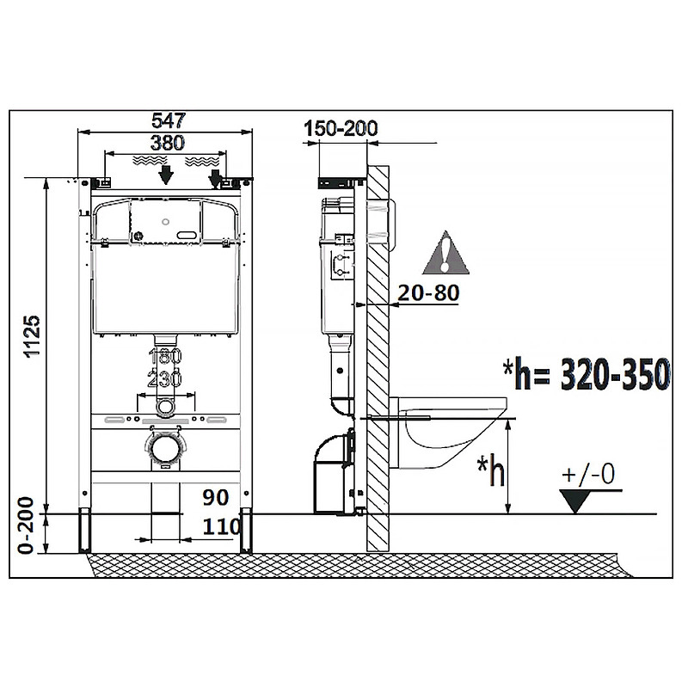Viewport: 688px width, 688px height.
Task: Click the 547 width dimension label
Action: (x=169, y=120)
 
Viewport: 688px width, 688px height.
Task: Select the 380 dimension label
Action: (x=168, y=143)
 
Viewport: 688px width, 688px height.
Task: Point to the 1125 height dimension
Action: (x=32, y=336)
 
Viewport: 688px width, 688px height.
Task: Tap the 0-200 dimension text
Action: (x=27, y=525)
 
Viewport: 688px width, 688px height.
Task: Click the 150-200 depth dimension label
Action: (x=341, y=128)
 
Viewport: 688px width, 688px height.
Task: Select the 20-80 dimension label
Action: (x=428, y=292)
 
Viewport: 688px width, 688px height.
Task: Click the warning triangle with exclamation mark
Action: (x=445, y=253)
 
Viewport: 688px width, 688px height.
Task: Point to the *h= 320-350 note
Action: (x=587, y=374)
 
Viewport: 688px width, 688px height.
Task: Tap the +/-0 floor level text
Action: (x=588, y=474)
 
